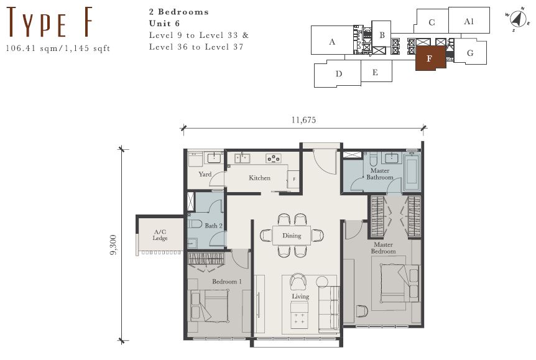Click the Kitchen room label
(x=259, y=178)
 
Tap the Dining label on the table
(x=292, y=236)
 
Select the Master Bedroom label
(x=383, y=248)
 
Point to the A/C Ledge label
(x=160, y=235)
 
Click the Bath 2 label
(x=213, y=226)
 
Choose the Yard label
(x=205, y=174)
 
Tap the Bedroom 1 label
(x=226, y=282)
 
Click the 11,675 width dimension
(x=303, y=120)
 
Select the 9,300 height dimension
(x=113, y=245)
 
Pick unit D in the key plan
(x=338, y=74)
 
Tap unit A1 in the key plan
(x=469, y=21)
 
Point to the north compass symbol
(x=518, y=19)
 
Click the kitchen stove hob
(x=274, y=159)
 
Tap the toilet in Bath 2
(x=195, y=224)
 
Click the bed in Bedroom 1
(x=210, y=306)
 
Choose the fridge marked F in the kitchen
(x=293, y=179)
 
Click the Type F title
(x=50, y=22)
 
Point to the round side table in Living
(x=322, y=282)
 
